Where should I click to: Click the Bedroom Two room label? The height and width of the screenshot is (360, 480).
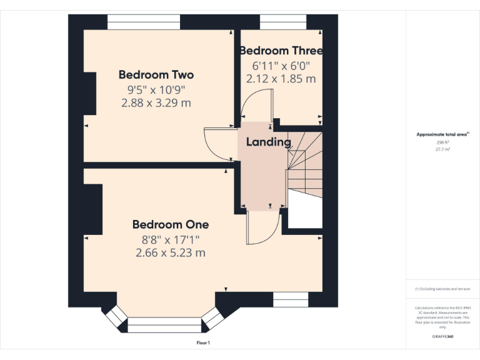pos(156,74)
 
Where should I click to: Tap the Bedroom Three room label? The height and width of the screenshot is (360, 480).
pos(281,51)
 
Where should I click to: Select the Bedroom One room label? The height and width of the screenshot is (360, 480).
pos(170,224)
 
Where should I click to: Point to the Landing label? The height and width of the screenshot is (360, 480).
pos(268,142)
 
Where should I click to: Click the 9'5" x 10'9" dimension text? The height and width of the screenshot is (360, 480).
pos(156,89)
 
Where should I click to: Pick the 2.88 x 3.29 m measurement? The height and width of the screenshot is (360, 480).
pos(156,102)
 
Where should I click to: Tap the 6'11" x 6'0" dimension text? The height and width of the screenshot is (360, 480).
pos(281,66)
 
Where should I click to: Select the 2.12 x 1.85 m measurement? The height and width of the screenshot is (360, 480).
pos(281,79)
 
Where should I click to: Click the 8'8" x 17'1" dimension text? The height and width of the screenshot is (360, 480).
pos(170,239)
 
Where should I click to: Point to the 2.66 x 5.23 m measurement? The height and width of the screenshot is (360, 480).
pos(170,252)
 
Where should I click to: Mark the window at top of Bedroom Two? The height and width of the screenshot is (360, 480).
pos(144,22)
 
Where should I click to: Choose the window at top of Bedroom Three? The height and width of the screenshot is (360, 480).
pos(283,22)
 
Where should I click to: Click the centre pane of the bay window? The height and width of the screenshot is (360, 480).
pos(166,325)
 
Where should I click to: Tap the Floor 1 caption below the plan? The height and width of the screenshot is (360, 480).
pos(203,343)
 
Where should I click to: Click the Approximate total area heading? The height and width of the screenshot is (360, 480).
pos(442,134)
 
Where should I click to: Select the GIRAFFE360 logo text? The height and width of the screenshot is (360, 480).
pos(442,337)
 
